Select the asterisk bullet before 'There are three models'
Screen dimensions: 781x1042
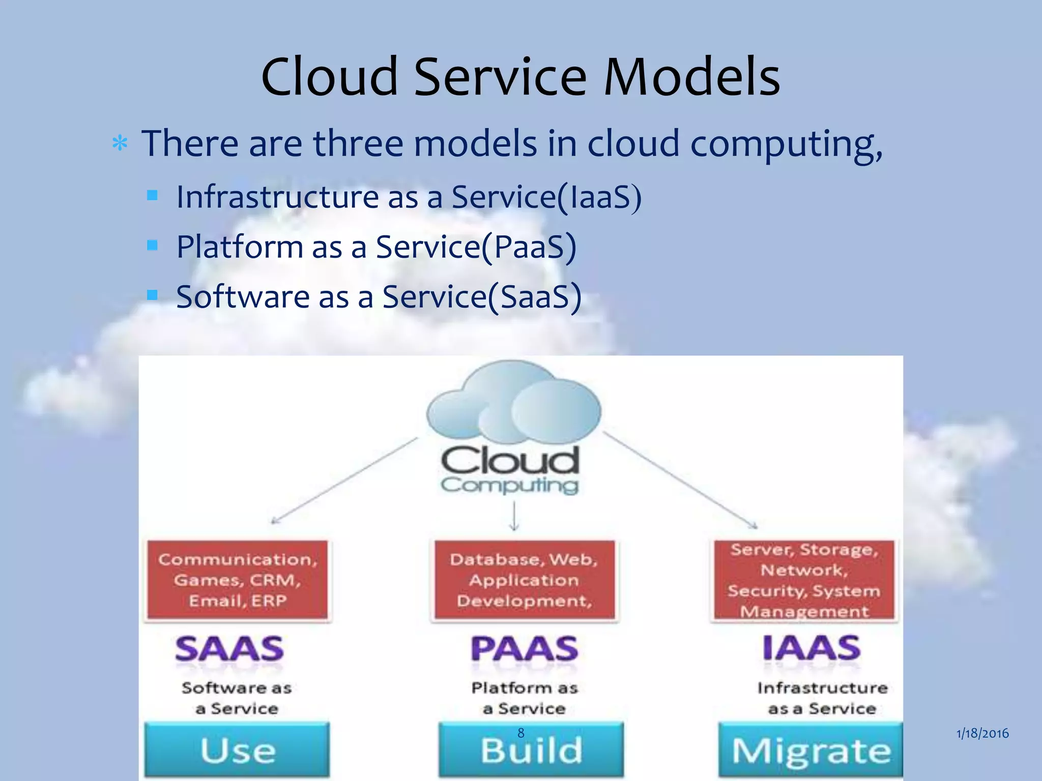point(120,144)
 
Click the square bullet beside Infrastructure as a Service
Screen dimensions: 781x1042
point(152,195)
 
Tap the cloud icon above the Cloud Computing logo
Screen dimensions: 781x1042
point(513,402)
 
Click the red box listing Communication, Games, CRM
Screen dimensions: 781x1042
point(237,580)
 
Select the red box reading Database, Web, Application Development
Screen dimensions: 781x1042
point(524,580)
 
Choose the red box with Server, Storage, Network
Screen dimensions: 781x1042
point(804,580)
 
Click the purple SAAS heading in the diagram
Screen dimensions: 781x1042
point(229,649)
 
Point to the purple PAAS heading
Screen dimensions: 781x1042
point(524,649)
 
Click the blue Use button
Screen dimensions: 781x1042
point(237,750)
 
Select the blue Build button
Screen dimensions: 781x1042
point(531,750)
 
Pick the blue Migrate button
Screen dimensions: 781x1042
point(811,750)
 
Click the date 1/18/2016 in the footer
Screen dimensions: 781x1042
point(982,733)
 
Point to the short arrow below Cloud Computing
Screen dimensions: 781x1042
point(514,516)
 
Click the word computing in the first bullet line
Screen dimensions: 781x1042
point(786,144)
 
